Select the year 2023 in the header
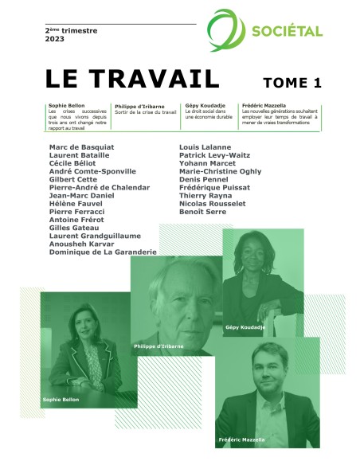coord(54,39)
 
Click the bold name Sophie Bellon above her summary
coord(65,105)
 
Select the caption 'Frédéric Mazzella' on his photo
coord(241,440)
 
